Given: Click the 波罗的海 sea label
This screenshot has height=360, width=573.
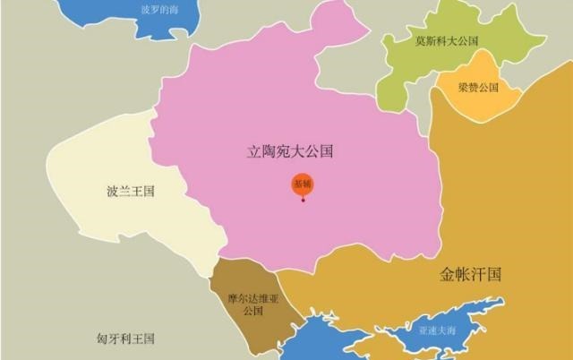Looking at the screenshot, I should (160, 10).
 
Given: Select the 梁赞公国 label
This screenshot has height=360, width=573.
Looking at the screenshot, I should (477, 88).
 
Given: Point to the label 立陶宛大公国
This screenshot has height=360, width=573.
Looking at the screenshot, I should (290, 152).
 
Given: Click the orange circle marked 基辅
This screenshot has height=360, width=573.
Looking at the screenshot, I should (303, 184).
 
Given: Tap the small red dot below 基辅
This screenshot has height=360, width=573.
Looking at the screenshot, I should (304, 200).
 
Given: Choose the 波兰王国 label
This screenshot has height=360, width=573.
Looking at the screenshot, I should (131, 192).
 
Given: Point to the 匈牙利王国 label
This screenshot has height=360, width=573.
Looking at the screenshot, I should (126, 339).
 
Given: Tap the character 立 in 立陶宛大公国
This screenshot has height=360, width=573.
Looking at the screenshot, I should (254, 152).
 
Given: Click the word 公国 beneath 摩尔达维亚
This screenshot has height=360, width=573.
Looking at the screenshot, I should (253, 311).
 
